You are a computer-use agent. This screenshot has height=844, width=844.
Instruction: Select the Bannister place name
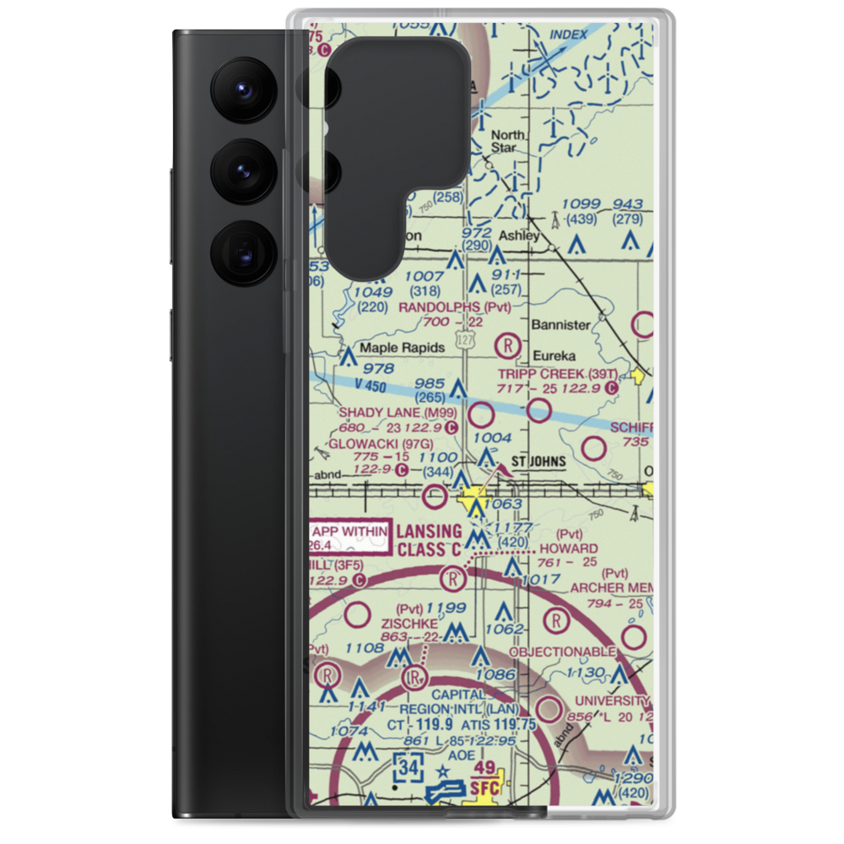(560, 324)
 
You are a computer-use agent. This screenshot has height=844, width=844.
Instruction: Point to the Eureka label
(554, 355)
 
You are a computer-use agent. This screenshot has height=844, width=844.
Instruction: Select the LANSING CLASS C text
(430, 540)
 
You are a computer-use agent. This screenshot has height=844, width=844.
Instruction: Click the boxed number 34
(408, 768)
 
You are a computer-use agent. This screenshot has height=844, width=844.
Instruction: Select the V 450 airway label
(346, 385)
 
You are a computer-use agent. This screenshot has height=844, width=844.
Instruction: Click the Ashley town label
(518, 235)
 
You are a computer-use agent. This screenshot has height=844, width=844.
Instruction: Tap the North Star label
(508, 141)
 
